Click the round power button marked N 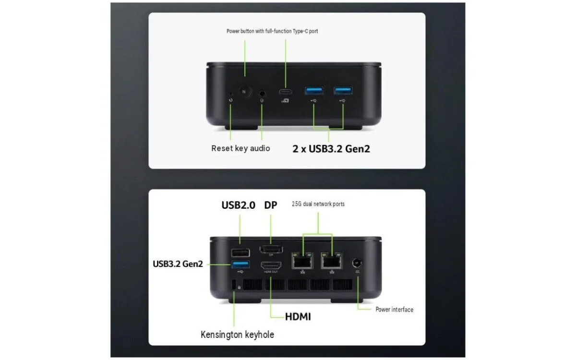[244, 92]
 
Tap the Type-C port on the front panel [286, 92]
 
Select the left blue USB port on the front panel [314, 91]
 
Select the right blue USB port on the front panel [343, 91]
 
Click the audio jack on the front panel [262, 93]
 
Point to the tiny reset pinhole [231, 94]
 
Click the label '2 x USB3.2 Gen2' [331, 149]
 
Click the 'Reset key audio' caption [240, 148]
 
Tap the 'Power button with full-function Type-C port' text [272, 31]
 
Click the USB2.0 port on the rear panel [240, 253]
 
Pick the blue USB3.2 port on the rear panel [240, 264]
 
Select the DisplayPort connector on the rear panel [271, 250]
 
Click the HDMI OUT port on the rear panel [271, 265]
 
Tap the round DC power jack [357, 263]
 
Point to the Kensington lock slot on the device [234, 285]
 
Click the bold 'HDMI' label [298, 317]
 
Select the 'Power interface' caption [395, 310]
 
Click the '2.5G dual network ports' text [318, 204]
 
